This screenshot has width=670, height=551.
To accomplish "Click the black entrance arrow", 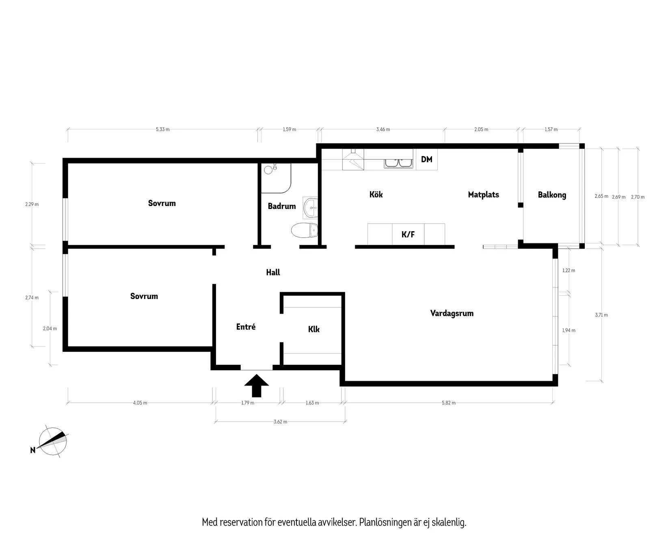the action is [x=257, y=385].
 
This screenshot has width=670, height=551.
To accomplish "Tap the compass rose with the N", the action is [x=53, y=442].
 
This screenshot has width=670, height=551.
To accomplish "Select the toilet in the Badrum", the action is [x=305, y=230].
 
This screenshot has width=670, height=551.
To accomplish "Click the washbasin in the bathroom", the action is [x=311, y=208].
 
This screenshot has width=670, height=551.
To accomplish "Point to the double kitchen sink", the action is [x=398, y=163].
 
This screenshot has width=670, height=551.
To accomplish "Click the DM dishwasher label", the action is [x=426, y=159].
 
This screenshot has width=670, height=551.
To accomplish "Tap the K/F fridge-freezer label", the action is [x=408, y=234].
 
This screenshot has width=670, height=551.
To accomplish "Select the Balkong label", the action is [x=552, y=195].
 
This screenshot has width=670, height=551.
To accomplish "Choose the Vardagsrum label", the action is [x=452, y=313].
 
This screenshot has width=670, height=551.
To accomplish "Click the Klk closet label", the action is [x=313, y=329].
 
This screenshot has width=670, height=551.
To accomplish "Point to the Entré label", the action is [x=246, y=327].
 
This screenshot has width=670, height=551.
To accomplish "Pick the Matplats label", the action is [x=483, y=195].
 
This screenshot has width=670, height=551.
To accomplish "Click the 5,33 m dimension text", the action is [x=162, y=130].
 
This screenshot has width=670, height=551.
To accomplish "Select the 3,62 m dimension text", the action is [x=280, y=422].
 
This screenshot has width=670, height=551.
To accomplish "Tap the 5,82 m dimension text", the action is [x=449, y=403].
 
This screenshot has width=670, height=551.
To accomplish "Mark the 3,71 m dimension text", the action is [x=601, y=315].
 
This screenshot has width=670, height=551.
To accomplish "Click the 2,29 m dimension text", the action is [x=32, y=204].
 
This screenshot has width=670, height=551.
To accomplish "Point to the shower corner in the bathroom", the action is [x=276, y=178].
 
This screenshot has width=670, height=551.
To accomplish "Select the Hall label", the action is [x=273, y=272].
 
